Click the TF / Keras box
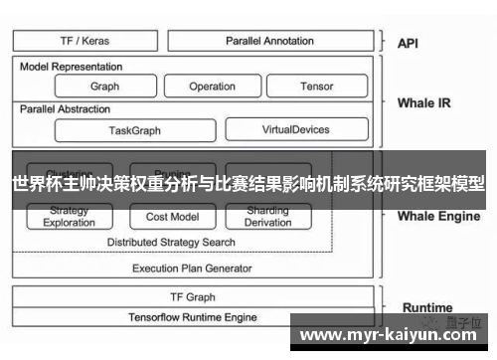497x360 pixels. pyautogui.click(x=84, y=41)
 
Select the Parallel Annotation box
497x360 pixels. pyautogui.click(x=268, y=41)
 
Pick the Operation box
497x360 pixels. pyautogui.click(x=212, y=87)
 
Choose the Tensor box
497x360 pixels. pyautogui.click(x=317, y=87)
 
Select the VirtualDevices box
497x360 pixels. pyautogui.click(x=294, y=129)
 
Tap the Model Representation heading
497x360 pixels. pyautogui.click(x=72, y=67)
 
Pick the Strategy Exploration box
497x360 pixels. pyautogui.click(x=70, y=216)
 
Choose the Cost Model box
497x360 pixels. pyautogui.click(x=172, y=216)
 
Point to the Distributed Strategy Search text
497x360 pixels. pyautogui.click(x=171, y=242)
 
